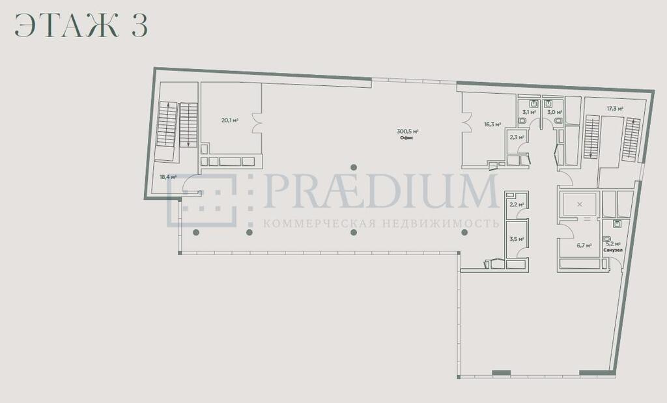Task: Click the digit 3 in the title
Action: [x=139, y=25]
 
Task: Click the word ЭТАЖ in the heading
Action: [x=66, y=25]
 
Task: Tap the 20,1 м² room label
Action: [x=230, y=120]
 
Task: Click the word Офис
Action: [x=407, y=138]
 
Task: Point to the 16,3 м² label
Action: [x=492, y=124]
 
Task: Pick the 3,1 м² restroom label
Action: [x=529, y=112]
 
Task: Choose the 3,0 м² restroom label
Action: [x=554, y=112]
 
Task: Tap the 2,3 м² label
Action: [x=517, y=137]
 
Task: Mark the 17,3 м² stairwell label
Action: [x=615, y=109]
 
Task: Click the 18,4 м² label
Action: [x=168, y=177]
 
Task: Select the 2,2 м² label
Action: [x=517, y=204]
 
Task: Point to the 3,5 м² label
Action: [x=517, y=240]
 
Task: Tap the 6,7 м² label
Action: [x=584, y=245]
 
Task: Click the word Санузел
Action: [x=613, y=250]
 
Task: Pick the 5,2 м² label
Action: [x=613, y=244]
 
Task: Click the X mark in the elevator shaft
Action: [x=579, y=204]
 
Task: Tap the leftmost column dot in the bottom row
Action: [x=196, y=232]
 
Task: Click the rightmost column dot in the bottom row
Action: [x=464, y=232]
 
